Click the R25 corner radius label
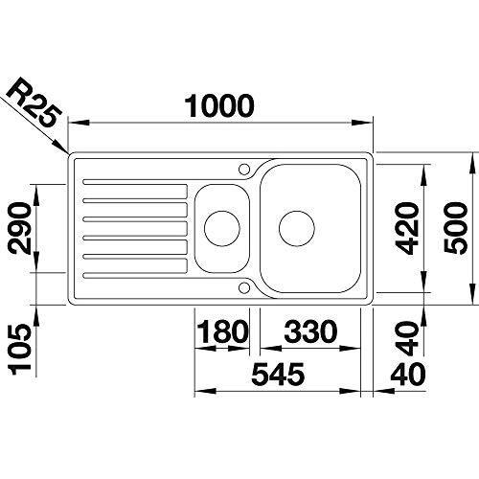coord(34,103)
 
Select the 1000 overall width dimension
coord(219,106)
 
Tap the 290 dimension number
coord(20,228)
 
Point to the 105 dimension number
coord(20,349)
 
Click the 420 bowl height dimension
coord(406,228)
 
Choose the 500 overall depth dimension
coord(456,228)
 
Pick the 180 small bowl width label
coord(222,331)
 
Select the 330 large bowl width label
coord(310,331)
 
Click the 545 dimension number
coord(278,374)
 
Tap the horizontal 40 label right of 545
coord(408,374)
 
